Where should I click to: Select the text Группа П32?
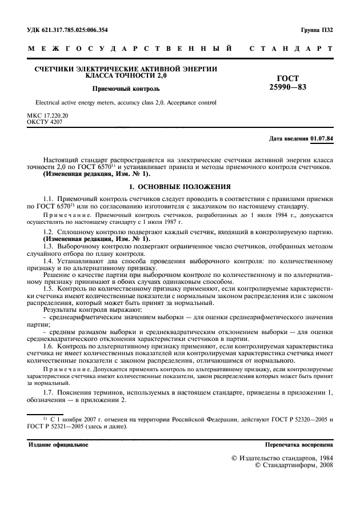tap(316, 29)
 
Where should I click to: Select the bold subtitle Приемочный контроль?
tap(126, 89)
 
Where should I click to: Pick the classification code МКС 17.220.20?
tap(47, 115)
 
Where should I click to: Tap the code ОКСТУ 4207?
tap(45, 122)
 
